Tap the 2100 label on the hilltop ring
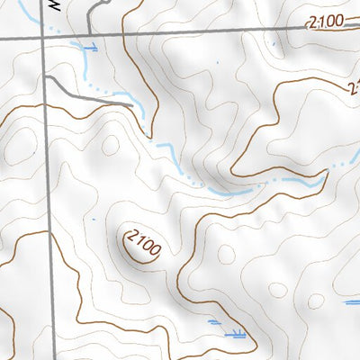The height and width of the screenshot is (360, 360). point(142,243)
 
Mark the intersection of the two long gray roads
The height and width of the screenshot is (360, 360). point(44,38)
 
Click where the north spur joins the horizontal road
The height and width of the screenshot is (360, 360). point(87,37)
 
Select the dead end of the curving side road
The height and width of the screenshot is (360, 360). point(132,105)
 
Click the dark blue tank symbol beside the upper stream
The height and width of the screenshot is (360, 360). point(88,46)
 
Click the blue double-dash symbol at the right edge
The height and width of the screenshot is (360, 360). point(352,303)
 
